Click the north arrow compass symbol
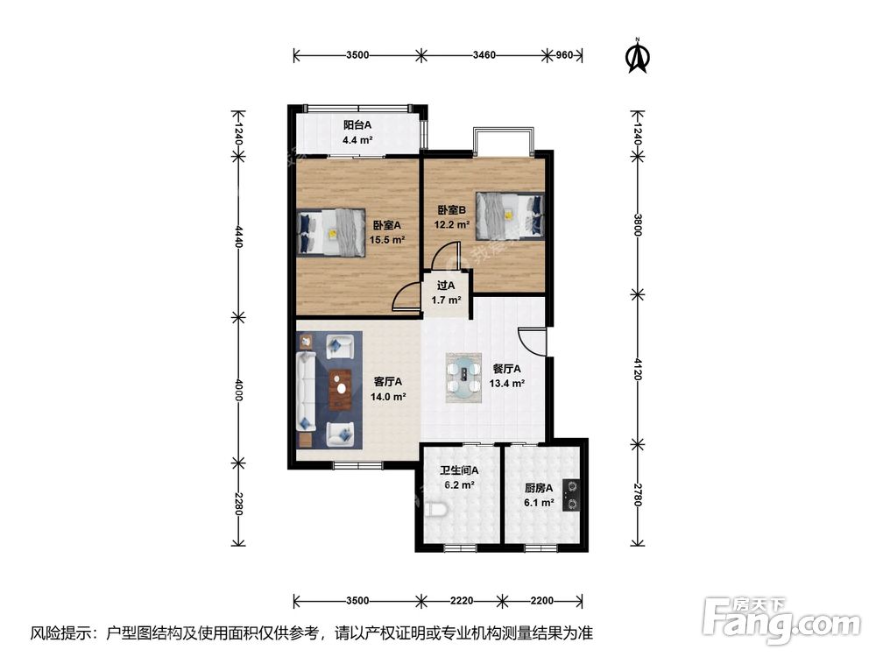(638, 55)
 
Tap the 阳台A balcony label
(357, 124)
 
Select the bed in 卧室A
(331, 232)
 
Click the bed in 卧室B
(510, 215)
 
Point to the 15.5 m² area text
(387, 240)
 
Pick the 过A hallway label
(446, 286)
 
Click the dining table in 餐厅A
(463, 378)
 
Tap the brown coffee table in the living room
(340, 390)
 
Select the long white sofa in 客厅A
(306, 391)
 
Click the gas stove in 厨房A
(571, 496)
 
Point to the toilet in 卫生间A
(434, 510)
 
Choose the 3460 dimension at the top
(484, 54)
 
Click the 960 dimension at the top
(564, 54)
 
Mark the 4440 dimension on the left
(238, 237)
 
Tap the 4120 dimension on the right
(638, 369)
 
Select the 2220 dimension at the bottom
(462, 601)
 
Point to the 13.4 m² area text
(506, 384)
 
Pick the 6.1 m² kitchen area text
(539, 503)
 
